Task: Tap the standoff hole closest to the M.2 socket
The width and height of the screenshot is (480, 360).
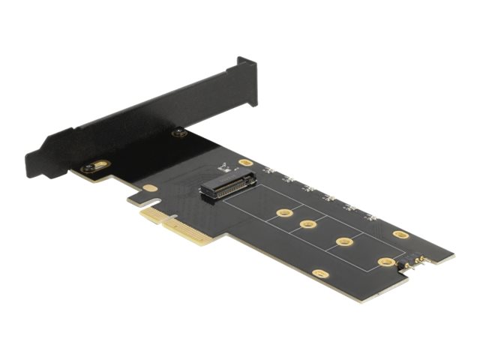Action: [x=283, y=213]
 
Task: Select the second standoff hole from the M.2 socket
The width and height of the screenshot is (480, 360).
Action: [x=307, y=224]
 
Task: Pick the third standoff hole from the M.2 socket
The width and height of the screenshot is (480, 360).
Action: [x=345, y=241]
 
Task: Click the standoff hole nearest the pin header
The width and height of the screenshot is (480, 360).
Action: [x=386, y=262]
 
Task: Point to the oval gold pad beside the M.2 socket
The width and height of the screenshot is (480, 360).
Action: [x=245, y=162]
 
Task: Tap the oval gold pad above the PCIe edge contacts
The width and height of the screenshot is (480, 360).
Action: [x=150, y=188]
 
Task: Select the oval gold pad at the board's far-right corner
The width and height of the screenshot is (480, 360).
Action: [x=401, y=234]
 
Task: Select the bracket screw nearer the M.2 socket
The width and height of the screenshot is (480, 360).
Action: [x=178, y=133]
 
